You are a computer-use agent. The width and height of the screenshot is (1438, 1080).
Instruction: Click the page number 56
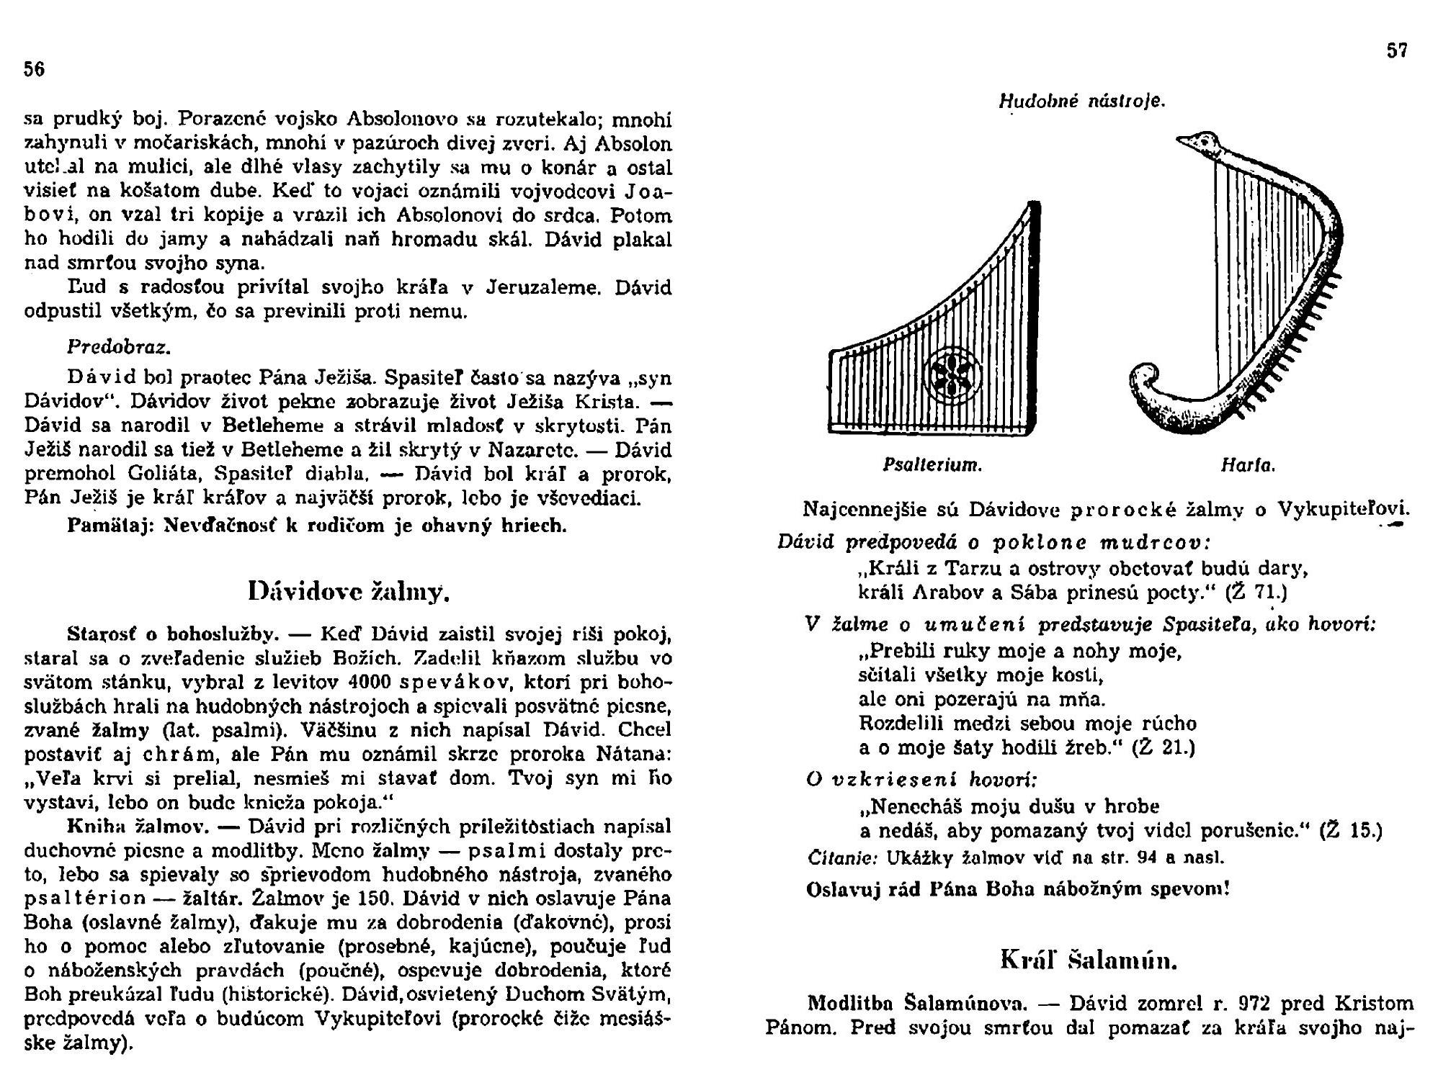[x=35, y=69]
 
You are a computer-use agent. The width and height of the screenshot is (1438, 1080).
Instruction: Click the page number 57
[x=1397, y=51]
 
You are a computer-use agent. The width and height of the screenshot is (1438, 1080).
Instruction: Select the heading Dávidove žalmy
[x=349, y=591]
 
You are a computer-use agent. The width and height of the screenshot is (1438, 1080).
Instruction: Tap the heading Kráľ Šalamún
[x=1089, y=960]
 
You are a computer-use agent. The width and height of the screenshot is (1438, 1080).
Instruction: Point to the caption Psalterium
[x=932, y=466]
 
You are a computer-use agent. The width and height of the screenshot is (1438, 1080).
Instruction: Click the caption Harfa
[x=1248, y=466]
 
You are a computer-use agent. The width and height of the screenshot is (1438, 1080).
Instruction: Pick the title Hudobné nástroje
[x=1081, y=102]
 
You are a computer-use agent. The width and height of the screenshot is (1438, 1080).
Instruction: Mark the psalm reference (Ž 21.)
[x=1164, y=747]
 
